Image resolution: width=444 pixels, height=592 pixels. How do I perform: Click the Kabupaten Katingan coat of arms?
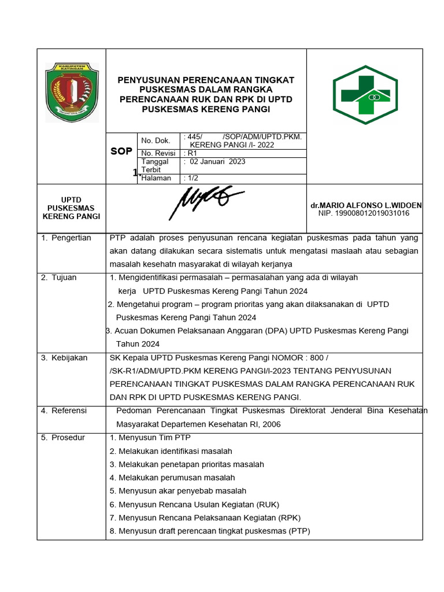(x=72, y=92)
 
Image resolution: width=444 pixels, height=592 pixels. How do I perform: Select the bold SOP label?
(x=121, y=151)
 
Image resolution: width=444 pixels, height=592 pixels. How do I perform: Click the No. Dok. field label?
(x=156, y=140)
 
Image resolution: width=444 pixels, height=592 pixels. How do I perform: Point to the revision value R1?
(x=190, y=153)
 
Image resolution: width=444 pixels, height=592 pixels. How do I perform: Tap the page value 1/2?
(x=190, y=178)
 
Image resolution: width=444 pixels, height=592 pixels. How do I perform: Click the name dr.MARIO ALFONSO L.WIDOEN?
(x=366, y=205)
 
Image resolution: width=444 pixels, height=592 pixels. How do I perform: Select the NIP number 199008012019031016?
(x=364, y=213)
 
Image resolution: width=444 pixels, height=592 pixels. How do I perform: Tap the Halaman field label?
(x=156, y=178)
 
